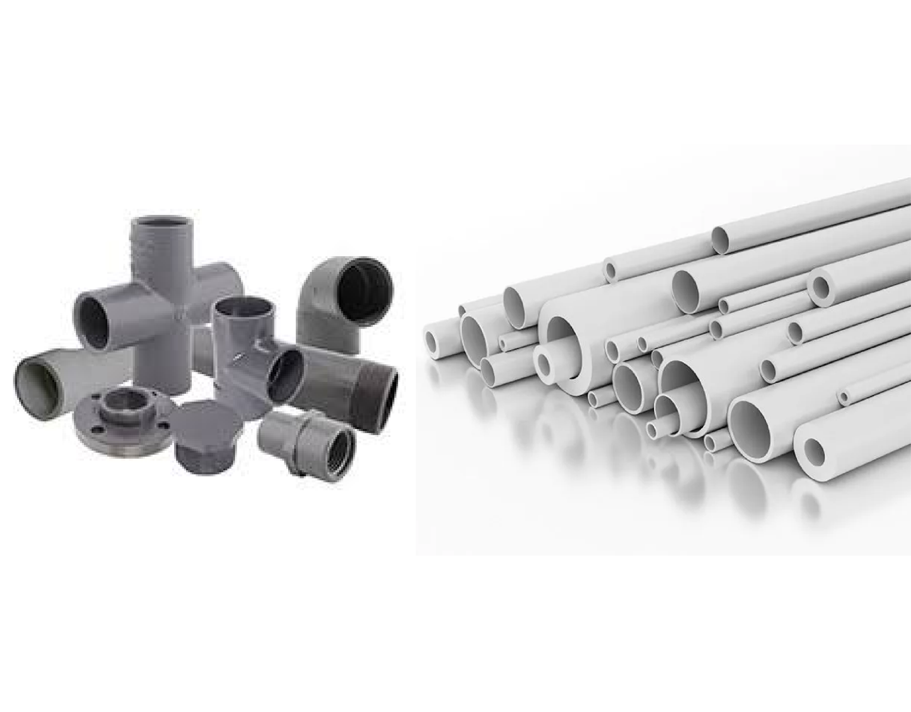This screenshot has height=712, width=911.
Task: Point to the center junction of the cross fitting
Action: click(165, 296)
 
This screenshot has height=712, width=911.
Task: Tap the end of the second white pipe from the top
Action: click(610, 270)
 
